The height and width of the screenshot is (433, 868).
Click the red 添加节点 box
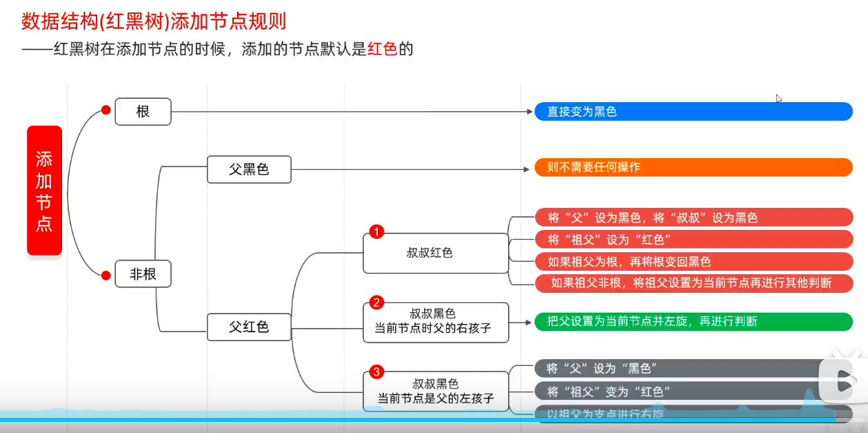point(45,191)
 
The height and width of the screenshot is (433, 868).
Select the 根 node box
point(143,111)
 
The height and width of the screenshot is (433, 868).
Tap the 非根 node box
point(143,274)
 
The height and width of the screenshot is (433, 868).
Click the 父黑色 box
point(249,169)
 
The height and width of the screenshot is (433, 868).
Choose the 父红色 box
point(249,327)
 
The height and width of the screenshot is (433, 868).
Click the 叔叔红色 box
point(436,253)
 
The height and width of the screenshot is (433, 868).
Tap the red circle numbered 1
point(376,232)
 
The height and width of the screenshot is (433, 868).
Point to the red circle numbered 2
point(376,302)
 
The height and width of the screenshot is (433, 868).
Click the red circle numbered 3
point(376,372)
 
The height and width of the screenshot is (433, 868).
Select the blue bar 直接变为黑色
point(693,111)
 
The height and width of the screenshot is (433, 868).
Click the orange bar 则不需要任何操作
point(693,167)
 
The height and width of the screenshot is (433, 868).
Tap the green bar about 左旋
point(693,321)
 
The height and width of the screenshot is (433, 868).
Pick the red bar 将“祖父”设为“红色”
point(693,240)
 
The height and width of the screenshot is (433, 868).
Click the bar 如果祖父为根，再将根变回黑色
point(693,262)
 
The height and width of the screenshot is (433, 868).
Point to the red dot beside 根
point(106,110)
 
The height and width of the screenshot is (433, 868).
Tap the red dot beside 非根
point(106,276)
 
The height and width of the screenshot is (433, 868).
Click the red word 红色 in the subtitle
point(383,50)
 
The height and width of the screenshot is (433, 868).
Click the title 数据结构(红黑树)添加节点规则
point(154,21)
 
